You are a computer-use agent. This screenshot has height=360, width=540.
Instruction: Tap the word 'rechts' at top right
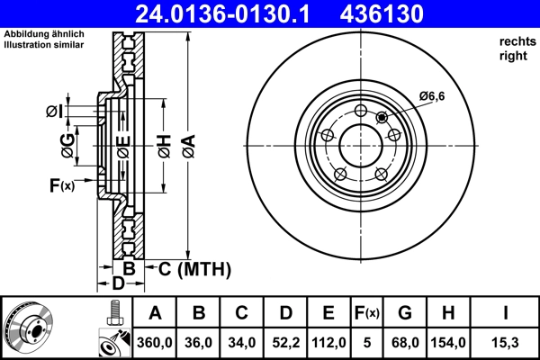coord(516,40)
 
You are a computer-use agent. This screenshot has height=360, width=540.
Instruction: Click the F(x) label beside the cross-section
coord(62,185)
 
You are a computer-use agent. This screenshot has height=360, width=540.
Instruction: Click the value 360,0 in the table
coord(155,342)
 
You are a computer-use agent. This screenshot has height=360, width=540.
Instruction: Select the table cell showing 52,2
coord(285,342)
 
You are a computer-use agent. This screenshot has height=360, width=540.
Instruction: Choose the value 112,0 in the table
coord(328,342)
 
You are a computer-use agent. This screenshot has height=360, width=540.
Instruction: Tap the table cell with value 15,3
coord(505,342)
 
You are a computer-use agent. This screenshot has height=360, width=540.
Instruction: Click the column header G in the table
coord(405,314)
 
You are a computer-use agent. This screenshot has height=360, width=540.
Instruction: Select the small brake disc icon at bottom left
coord(27,328)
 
